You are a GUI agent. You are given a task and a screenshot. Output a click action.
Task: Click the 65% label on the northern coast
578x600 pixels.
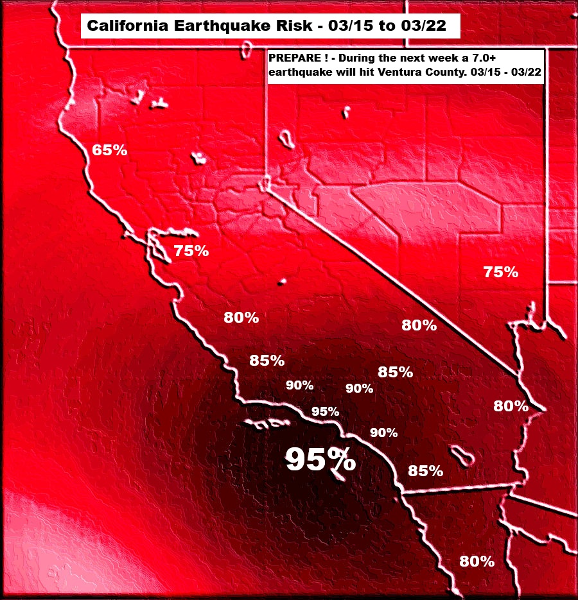pos(110,151)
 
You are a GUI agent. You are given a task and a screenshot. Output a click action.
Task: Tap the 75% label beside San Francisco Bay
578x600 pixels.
pos(191,251)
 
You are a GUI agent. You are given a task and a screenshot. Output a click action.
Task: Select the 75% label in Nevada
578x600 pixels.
pos(501,272)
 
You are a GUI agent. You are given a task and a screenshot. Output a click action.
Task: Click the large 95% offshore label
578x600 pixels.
pos(320,459)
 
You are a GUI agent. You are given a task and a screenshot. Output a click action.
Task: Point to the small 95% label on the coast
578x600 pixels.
pos(325,411)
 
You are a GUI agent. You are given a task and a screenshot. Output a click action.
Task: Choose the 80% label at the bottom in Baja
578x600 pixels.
pos(477,561)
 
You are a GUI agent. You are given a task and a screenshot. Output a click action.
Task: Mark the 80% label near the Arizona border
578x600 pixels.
pos(511,406)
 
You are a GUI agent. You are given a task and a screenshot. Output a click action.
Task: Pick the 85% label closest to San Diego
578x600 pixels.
pos(426,471)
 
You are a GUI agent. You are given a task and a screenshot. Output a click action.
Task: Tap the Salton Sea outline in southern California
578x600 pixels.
pos(462,456)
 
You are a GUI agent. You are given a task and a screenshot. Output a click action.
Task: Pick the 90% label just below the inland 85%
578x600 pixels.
pos(359,388)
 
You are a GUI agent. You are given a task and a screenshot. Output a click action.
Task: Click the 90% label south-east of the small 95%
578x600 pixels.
pos(384,433)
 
